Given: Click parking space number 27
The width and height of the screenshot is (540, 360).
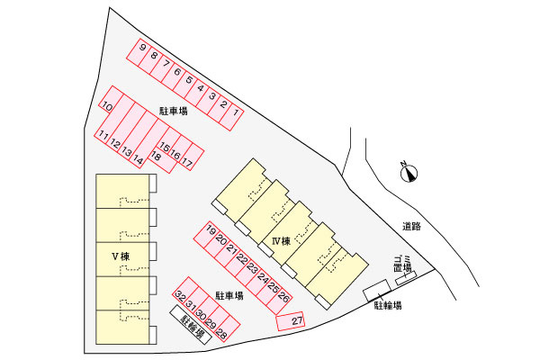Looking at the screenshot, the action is (x=291, y=321).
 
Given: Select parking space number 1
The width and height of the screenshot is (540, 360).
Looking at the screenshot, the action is (x=230, y=117).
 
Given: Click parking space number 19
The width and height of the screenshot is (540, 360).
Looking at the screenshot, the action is (x=207, y=234).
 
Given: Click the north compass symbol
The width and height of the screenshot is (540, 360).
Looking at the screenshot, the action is (x=409, y=172).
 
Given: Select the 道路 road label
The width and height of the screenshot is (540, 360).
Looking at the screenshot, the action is (x=411, y=226).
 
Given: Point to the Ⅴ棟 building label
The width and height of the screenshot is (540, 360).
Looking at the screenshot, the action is (x=121, y=256).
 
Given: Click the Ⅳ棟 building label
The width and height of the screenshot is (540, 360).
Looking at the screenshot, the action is (x=282, y=241).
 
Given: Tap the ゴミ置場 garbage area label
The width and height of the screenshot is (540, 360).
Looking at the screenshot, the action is (x=403, y=264).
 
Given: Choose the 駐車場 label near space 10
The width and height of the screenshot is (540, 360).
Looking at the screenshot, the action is (x=173, y=111).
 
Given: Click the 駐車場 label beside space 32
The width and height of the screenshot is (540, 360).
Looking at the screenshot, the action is (x=229, y=295).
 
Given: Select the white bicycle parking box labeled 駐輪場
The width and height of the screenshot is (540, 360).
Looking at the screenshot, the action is (x=191, y=325).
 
